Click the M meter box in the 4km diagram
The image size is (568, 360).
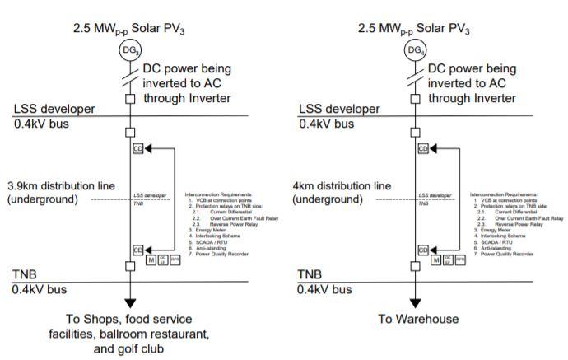pos(435,260)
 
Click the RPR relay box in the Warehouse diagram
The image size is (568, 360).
pos(459,260)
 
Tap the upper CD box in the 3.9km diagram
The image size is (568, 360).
pos(137,148)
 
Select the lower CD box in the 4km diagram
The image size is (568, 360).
pos(424,249)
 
